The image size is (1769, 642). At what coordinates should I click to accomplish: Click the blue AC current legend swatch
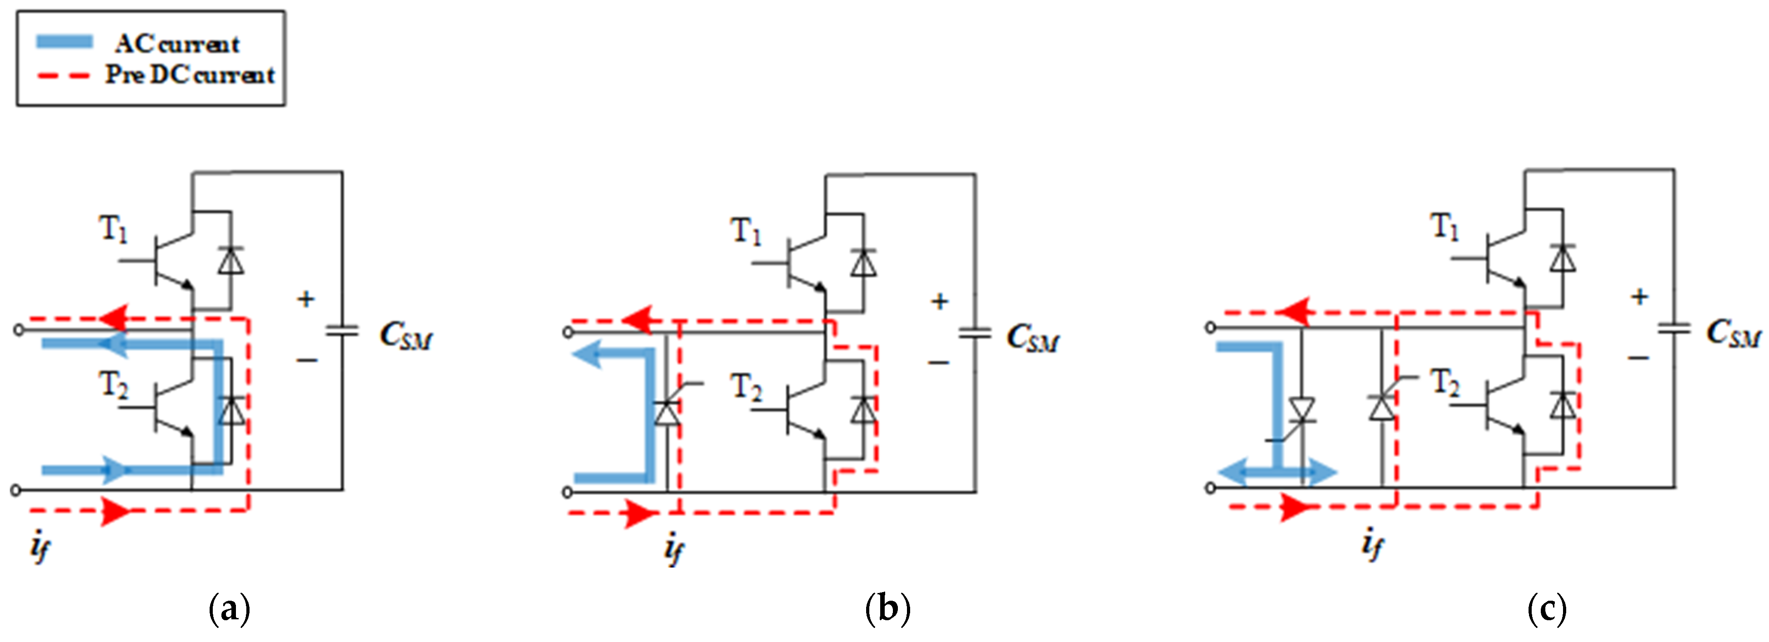coord(64,42)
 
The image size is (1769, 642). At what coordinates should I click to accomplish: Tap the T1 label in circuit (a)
coord(113,229)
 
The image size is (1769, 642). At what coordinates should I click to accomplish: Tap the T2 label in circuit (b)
coord(746,388)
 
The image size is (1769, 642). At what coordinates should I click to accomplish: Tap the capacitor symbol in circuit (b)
coord(975,333)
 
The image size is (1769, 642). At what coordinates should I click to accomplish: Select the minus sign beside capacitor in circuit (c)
coord(1638,358)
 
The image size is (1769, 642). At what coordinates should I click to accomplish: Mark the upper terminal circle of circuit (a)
coord(19,330)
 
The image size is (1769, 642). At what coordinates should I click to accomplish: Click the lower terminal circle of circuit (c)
coord(1210,487)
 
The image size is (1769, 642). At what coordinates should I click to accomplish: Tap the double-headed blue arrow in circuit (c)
coord(1277,472)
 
